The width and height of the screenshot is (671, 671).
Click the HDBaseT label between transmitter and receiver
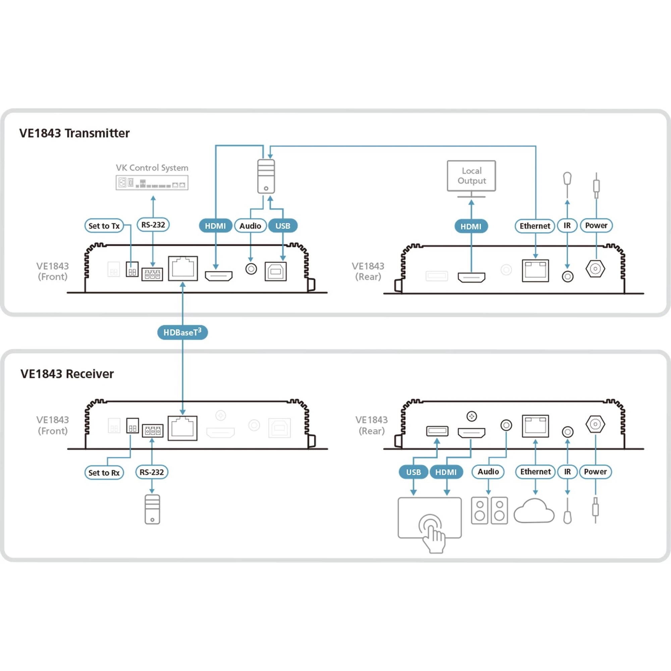pos(182,332)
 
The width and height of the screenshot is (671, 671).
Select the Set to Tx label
pos(104,226)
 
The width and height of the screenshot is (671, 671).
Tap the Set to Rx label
pos(104,473)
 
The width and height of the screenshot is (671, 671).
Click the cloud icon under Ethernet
pos(534,511)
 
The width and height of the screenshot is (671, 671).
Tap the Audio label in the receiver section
pos(488,472)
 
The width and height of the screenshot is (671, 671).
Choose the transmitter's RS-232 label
pos(153,225)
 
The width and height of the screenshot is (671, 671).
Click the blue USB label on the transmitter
pos(283,226)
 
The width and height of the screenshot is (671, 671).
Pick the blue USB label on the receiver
pos(413,472)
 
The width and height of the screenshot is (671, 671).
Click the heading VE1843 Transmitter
pos(74,133)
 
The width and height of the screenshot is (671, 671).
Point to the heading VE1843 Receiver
pos(67,374)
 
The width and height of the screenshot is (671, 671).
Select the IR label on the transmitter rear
pos(567,225)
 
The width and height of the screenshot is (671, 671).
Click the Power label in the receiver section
pos(595,472)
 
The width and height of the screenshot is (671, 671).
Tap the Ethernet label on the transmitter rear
pos(535,226)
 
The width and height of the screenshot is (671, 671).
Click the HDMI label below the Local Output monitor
pos(471,226)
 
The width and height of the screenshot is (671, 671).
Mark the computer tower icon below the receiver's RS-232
pos(152,509)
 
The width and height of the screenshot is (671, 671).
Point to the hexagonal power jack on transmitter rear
pos(595,269)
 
